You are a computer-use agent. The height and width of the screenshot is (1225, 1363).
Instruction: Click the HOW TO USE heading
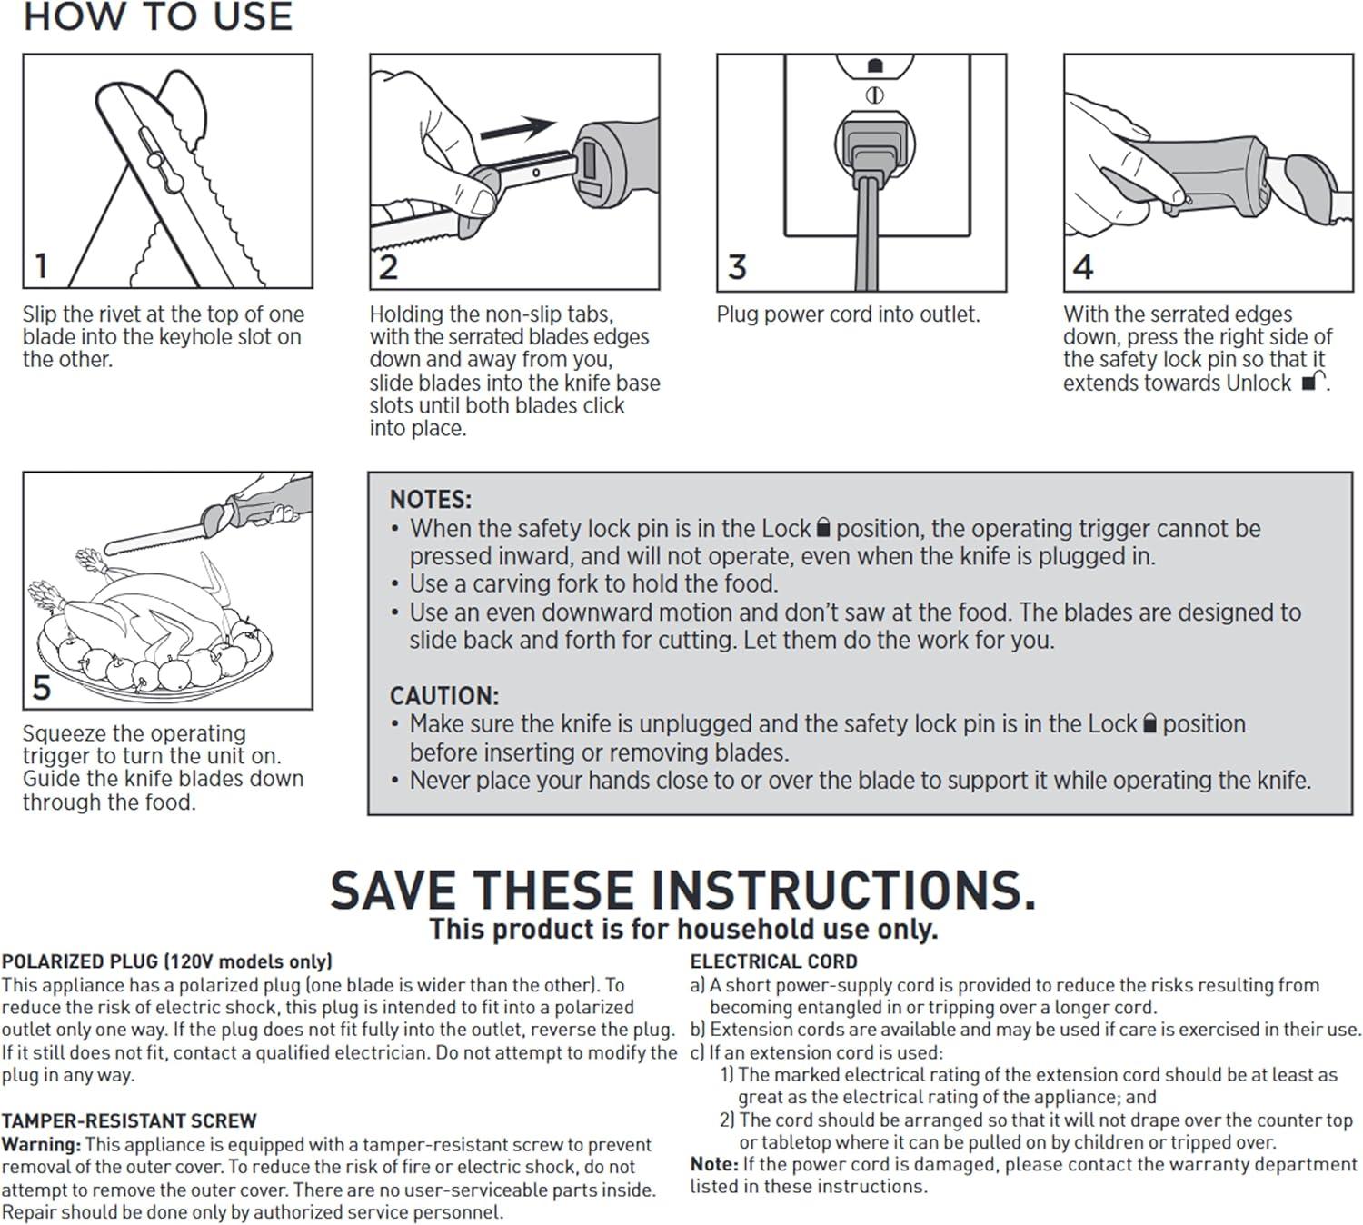[158, 16]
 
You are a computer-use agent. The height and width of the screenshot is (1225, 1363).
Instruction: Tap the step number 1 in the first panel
[42, 265]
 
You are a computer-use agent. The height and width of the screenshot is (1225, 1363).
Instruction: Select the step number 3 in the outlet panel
[737, 267]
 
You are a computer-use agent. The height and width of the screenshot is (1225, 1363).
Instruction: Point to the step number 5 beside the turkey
[42, 687]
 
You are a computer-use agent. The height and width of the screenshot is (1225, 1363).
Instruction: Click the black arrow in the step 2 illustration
[519, 128]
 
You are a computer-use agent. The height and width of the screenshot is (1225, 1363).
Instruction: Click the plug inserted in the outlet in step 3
[874, 151]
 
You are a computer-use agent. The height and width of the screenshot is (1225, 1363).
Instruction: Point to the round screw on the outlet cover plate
[875, 95]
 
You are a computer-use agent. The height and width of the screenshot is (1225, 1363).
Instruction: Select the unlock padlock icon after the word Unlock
[1313, 381]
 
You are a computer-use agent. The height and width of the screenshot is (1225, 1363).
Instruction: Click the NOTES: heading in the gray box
[430, 500]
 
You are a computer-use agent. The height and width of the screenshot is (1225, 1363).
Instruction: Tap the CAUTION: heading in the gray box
[444, 695]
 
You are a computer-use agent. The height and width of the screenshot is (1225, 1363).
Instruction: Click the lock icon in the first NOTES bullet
[823, 527]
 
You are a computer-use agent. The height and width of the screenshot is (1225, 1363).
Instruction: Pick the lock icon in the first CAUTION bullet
[1149, 722]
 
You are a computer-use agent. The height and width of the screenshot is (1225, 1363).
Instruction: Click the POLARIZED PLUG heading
[167, 961]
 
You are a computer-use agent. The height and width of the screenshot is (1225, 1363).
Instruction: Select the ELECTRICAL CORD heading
[773, 961]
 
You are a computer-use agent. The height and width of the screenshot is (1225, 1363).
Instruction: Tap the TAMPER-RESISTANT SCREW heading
[129, 1120]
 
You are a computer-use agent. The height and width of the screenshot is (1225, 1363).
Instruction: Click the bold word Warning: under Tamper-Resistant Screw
[42, 1145]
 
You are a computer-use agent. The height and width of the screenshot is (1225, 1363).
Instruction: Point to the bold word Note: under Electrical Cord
[714, 1164]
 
